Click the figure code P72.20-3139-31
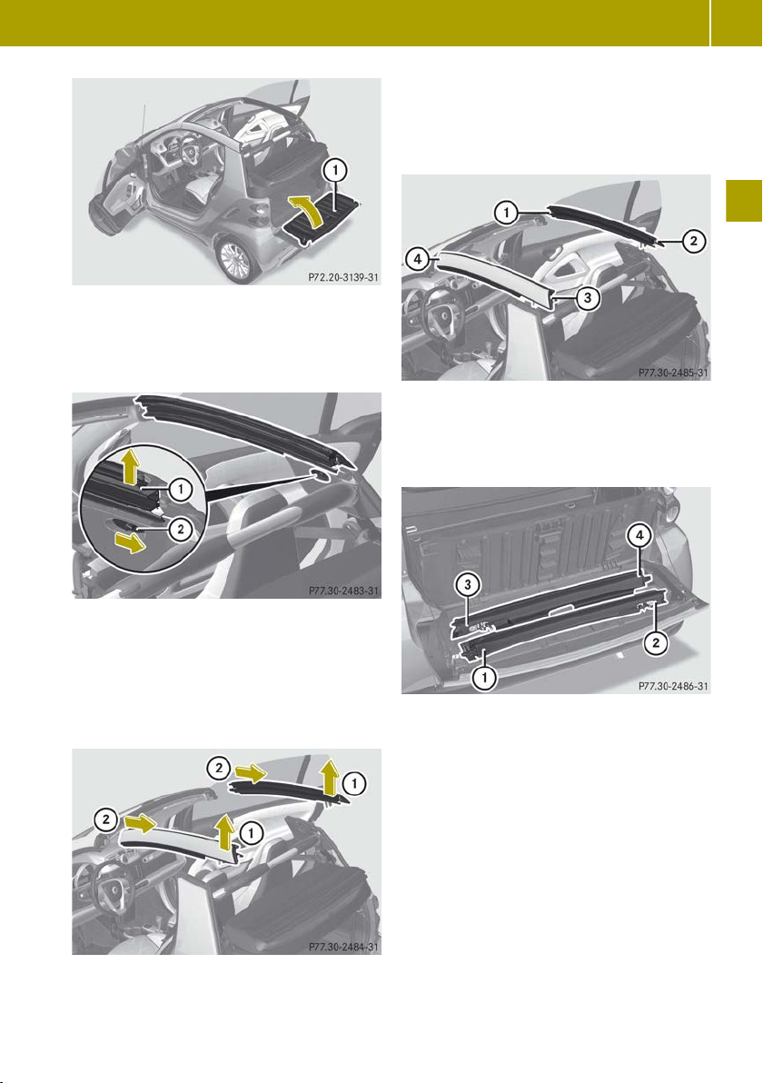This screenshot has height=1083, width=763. point(343,278)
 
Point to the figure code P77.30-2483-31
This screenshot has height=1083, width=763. point(343,591)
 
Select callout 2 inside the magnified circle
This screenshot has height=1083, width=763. point(180,530)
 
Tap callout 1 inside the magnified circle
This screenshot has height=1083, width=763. point(180,490)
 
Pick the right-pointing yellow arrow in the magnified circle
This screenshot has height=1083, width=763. point(131,543)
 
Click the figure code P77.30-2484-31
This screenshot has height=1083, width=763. point(343,947)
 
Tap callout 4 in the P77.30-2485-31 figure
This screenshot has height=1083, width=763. point(417,260)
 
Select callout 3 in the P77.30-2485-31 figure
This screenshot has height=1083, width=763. point(587,298)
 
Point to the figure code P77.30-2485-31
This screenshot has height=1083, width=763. point(673,373)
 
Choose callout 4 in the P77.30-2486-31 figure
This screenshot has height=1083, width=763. point(640,534)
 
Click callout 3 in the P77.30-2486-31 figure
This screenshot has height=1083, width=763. point(468,586)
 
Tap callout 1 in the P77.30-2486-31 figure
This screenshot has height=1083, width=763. point(484,678)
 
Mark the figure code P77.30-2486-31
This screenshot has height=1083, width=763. point(673,687)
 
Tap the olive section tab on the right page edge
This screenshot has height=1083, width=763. point(744,201)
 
